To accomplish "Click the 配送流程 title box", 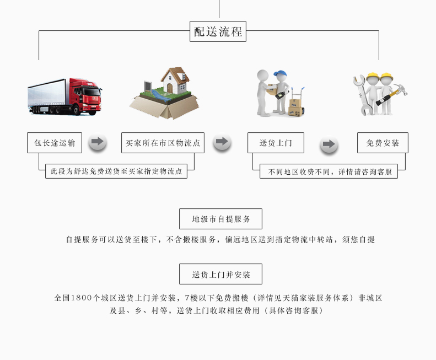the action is pyautogui.click(x=218, y=31).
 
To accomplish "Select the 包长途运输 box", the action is pyautogui.click(x=55, y=143).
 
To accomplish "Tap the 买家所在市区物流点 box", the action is pyautogui.click(x=163, y=143).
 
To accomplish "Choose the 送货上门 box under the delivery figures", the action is pyautogui.click(x=276, y=143).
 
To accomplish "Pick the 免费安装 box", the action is pyautogui.click(x=383, y=143).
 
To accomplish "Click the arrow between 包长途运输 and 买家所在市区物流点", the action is pyautogui.click(x=98, y=142).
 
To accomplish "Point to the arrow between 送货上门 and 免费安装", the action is pyautogui.click(x=329, y=144).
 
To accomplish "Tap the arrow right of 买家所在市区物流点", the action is pyautogui.click(x=222, y=142).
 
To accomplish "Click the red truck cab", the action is pyautogui.click(x=85, y=96).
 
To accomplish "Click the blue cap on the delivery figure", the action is pyautogui.click(x=281, y=74).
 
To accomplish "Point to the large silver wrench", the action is pyautogui.click(x=362, y=95).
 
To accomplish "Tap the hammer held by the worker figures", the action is pyautogui.click(x=392, y=94).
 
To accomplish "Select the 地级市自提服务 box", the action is pyautogui.click(x=220, y=219).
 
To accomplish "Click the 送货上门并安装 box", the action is pyautogui.click(x=220, y=274).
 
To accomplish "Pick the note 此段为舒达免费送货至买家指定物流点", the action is pyautogui.click(x=116, y=171).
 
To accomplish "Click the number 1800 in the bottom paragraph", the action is pyautogui.click(x=81, y=298).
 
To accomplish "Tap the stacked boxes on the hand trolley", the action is pyautogui.click(x=295, y=107).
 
